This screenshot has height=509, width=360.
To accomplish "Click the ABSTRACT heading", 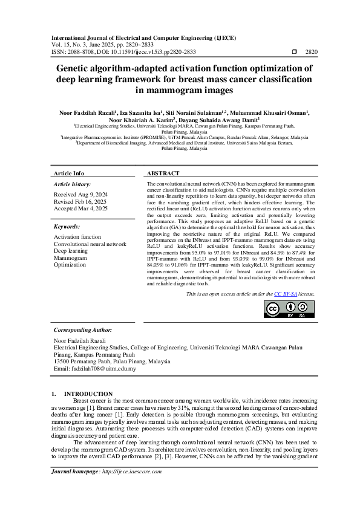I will click(163, 172).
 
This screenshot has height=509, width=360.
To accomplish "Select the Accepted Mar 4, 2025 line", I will click(80, 208).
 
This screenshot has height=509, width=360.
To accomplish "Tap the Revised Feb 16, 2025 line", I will click(80, 201).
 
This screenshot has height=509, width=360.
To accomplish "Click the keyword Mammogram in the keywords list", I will click(70, 258).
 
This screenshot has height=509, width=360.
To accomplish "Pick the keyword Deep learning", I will click(71, 251).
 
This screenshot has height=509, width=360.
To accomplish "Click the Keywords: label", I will click(67, 226).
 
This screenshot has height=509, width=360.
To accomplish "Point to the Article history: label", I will click(73, 183).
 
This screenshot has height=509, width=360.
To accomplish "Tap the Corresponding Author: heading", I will click(83, 331).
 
